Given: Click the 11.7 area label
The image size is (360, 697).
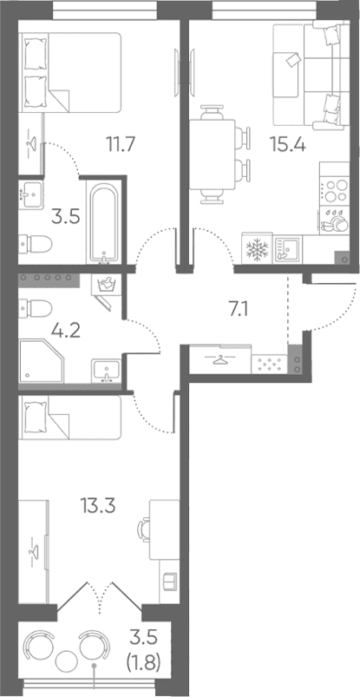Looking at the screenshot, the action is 120,144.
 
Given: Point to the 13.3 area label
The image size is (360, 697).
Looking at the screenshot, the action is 98,506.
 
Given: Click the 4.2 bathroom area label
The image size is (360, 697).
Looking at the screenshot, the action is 66,332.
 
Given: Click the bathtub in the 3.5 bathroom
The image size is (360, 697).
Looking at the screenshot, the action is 104,223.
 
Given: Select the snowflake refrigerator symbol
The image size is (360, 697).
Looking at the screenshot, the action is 256,250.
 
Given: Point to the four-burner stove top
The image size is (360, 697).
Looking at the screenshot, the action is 334,191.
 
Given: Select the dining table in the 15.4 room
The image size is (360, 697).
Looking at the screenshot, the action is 212,155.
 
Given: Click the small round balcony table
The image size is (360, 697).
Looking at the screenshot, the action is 67,659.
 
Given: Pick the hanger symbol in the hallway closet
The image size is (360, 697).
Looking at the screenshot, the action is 219,359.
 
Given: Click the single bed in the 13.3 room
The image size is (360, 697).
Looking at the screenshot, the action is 69,417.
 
